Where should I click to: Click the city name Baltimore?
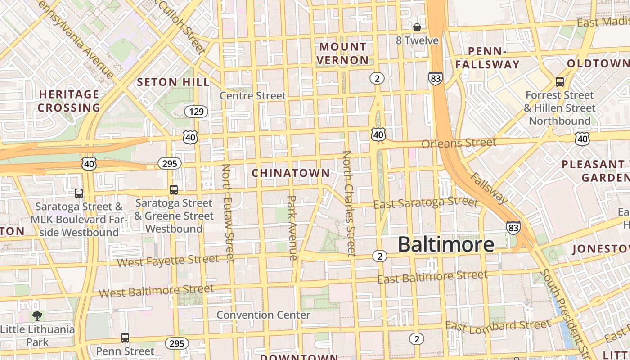(446, 245)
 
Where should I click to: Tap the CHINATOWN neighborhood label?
(291, 173)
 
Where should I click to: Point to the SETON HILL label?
(173, 82)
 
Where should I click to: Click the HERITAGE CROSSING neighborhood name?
(69, 101)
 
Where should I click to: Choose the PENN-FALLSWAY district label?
(487, 58)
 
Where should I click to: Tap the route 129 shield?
(196, 111)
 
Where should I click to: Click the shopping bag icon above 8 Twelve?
(417, 27)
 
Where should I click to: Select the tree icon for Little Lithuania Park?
(37, 315)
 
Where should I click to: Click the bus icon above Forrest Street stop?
(560, 82)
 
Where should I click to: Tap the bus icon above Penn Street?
(125, 337)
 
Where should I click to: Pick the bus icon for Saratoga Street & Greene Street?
(174, 190)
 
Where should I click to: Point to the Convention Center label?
(263, 315)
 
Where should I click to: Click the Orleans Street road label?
(459, 144)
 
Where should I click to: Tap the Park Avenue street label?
(292, 228)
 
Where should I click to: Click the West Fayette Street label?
(168, 261)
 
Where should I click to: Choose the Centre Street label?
(252, 96)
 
